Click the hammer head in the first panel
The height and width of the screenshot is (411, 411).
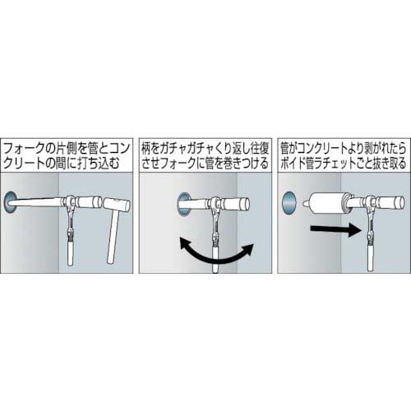coord(117,205)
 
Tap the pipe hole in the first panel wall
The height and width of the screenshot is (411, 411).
coord(11,202)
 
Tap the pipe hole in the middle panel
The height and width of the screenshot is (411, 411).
coord(184,204)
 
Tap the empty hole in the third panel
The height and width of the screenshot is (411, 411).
coord(289,204)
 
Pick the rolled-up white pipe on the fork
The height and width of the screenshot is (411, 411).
coord(326,204)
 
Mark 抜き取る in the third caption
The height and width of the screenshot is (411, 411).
coord(392,164)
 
